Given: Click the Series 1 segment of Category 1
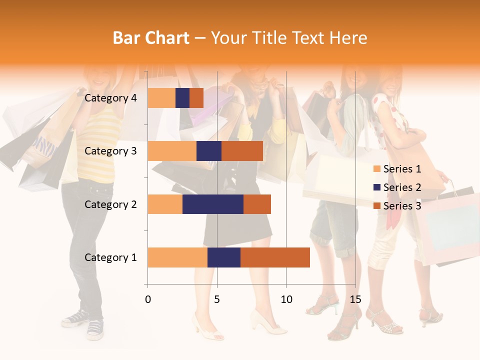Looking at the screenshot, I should click(177, 257).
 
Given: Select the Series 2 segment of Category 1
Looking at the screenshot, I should click(224, 257).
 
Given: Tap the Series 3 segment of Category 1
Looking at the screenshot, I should click(275, 257).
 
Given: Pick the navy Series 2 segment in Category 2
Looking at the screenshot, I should click(213, 204).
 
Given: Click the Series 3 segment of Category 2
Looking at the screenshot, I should click(257, 204).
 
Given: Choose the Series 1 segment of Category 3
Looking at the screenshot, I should click(172, 151).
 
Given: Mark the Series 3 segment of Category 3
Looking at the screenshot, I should click(242, 151).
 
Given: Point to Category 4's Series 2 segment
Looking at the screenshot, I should click(182, 98).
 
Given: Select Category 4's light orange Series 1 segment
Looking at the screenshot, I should click(161, 98).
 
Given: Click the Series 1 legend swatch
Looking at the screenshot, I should click(377, 169).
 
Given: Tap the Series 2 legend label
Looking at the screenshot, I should click(402, 187).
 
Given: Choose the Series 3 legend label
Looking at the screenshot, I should click(402, 206).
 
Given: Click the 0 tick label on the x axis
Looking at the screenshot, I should click(148, 299).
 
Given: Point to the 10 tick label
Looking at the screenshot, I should click(286, 299).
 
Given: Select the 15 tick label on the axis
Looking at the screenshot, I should click(355, 299).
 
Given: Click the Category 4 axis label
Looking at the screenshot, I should click(110, 98).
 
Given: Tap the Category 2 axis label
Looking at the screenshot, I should click(110, 204).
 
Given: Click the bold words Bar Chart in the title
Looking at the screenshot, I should click(151, 37).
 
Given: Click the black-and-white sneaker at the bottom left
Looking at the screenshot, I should click(95, 327).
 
